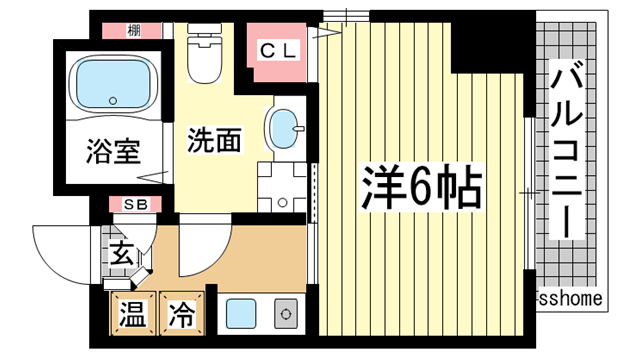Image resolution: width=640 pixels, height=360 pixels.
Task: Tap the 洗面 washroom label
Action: pyautogui.click(x=214, y=141)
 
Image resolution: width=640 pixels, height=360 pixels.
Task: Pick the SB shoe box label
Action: pyautogui.click(x=134, y=205)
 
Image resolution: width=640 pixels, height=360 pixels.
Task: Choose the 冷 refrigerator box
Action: pyautogui.click(x=181, y=315)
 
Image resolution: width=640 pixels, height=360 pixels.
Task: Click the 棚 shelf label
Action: pyautogui.click(x=133, y=30)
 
